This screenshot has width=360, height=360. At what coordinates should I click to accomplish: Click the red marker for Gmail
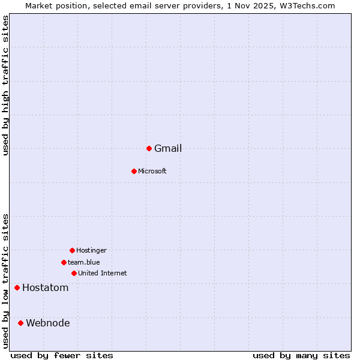click(149, 148)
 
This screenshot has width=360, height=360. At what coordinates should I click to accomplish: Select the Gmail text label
click(168, 149)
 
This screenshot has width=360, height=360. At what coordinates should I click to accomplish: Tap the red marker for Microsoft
click(134, 171)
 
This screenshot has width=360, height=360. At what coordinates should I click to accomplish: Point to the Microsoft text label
click(152, 172)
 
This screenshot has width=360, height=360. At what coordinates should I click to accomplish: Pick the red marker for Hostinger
click(72, 250)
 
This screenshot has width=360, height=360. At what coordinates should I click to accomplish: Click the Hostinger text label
click(91, 251)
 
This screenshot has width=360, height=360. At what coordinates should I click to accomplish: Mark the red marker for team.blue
click(64, 262)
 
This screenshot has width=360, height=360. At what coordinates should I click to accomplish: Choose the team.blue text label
click(84, 263)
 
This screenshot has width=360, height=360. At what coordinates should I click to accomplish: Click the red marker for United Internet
click(74, 273)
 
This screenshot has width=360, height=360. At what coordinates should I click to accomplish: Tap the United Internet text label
click(102, 274)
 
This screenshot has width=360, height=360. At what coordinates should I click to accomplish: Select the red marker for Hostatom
click(17, 287)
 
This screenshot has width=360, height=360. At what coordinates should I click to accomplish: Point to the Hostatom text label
click(46, 288)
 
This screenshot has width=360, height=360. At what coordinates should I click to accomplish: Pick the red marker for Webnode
click(20, 323)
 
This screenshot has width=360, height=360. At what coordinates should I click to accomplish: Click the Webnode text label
click(48, 323)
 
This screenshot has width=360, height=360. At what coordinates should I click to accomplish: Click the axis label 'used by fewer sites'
click(62, 356)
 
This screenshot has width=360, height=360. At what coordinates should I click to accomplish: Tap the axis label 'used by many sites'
click(301, 356)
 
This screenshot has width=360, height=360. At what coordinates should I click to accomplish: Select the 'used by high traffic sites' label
click(6, 85)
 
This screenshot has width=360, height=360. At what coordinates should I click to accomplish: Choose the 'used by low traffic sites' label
click(6, 281)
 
